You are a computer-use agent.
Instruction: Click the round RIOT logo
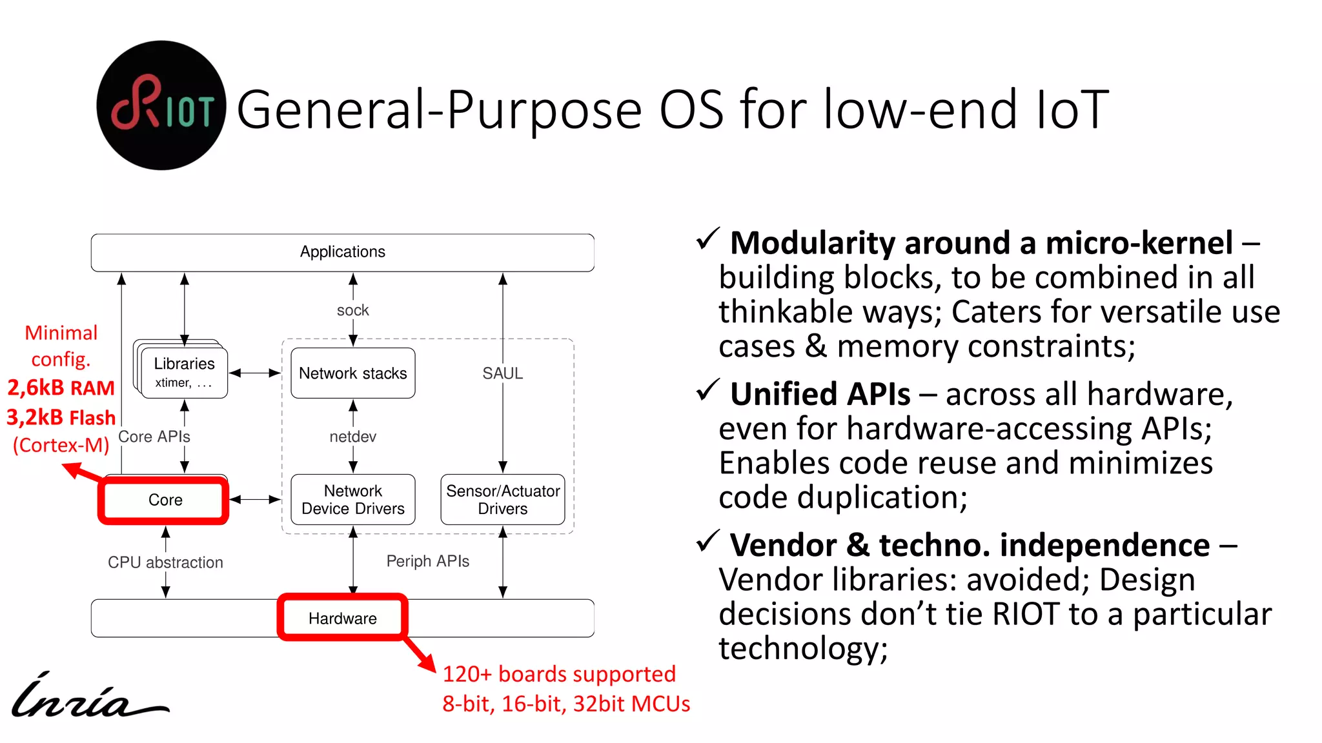pos(161,106)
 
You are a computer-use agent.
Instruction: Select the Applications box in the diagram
pos(342,252)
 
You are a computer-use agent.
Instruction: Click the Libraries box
pos(184,371)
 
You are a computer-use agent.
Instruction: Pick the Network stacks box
pos(352,373)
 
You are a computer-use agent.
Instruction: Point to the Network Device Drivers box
pos(352,500)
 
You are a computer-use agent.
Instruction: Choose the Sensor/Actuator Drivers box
pos(502,500)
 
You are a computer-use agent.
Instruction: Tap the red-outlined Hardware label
pos(342,618)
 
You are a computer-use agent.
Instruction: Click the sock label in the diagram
pos(352,310)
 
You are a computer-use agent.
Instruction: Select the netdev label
pos(352,437)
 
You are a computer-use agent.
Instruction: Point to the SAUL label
pos(502,373)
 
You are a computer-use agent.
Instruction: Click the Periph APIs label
pos(427,561)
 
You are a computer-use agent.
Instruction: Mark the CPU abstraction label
pos(165,562)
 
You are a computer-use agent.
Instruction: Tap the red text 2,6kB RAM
pos(61,388)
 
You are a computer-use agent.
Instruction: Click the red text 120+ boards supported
pos(559,674)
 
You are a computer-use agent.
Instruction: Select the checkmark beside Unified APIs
pos(708,390)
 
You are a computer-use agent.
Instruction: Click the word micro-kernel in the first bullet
pos(1139,243)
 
